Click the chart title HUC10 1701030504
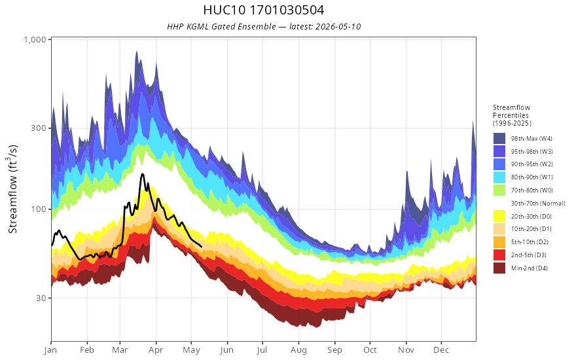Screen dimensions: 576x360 click(263, 10)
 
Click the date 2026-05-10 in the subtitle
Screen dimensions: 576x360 click(338, 26)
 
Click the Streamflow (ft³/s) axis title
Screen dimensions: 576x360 click(12, 189)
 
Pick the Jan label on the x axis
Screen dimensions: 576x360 click(50, 350)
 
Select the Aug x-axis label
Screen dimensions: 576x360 click(298, 350)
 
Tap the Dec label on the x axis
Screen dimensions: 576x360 click(441, 350)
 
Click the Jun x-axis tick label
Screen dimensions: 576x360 click(227, 350)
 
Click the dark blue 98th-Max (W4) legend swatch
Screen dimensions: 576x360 click(499, 139)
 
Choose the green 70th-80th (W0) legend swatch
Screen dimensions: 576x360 click(499, 190)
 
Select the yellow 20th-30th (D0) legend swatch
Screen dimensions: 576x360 click(499, 217)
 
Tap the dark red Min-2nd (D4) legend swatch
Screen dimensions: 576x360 click(499, 268)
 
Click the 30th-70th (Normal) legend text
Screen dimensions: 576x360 click(538, 203)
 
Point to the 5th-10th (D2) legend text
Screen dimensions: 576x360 click(530, 242)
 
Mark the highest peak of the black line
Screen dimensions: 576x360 click(142, 174)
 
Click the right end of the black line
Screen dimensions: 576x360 click(201, 246)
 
